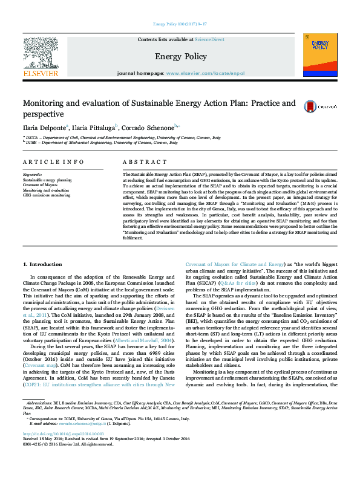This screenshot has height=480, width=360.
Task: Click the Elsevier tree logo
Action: pos(40,54)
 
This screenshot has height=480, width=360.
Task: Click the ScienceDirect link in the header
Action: pos(209,39)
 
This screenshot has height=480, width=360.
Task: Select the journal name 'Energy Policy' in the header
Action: pos(180,56)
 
